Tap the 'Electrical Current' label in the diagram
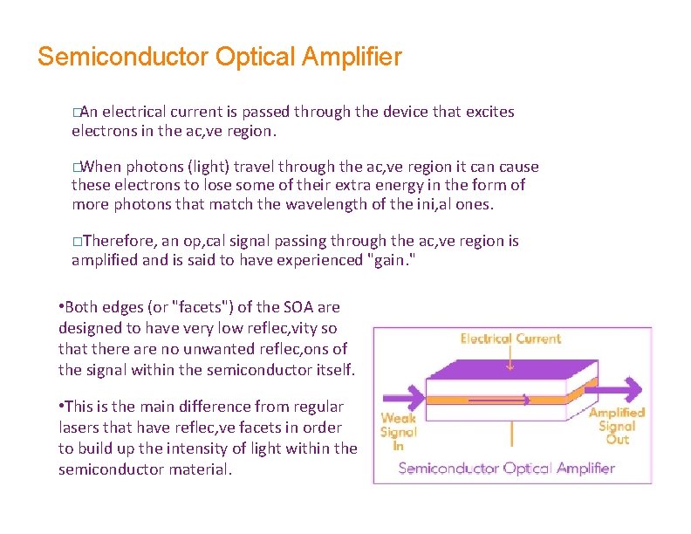510,339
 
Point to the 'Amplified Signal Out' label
616,426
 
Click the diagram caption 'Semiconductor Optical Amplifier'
507,468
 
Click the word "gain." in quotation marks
389,260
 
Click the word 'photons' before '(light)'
154,166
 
